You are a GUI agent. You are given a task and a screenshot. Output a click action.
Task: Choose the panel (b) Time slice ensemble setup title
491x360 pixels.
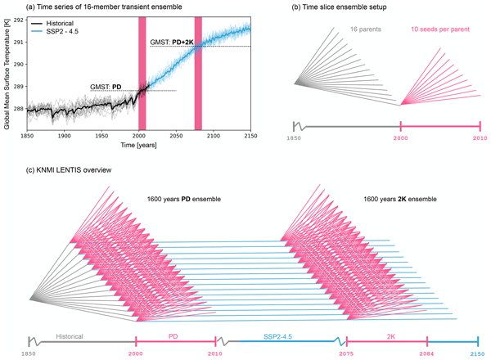pyautogui.click(x=339, y=7)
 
